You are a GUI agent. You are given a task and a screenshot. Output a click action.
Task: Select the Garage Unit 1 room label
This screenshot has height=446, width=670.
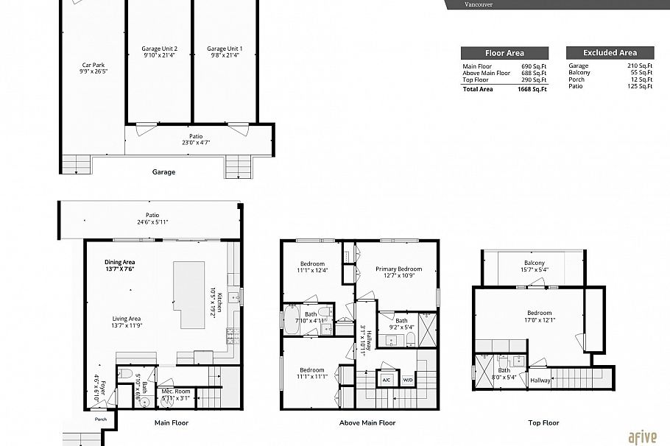225,49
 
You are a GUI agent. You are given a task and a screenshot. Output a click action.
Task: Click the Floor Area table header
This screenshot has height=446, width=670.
504,53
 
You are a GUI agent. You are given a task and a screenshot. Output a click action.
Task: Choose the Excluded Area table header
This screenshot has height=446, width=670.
610,53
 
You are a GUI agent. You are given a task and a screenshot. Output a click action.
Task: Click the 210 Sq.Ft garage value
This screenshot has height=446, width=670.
640,66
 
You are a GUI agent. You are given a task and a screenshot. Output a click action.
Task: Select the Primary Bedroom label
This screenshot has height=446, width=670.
399,269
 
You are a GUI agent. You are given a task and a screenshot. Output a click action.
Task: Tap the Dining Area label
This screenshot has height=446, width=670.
119,262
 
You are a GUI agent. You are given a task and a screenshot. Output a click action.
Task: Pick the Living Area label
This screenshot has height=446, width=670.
127,319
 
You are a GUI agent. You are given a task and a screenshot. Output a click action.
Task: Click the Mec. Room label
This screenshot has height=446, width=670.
176,391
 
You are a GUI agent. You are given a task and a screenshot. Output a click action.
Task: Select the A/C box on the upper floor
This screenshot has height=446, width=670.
387,380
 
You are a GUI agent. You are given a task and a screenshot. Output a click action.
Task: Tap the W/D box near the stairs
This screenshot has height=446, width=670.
407,380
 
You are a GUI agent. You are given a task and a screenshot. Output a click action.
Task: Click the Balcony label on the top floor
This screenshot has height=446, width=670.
535,263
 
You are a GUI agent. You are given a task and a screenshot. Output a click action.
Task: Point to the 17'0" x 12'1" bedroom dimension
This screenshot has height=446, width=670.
540,320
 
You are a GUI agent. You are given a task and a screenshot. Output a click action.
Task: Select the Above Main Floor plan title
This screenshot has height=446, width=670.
367,423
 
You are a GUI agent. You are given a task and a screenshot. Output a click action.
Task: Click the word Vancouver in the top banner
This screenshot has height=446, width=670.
479,4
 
